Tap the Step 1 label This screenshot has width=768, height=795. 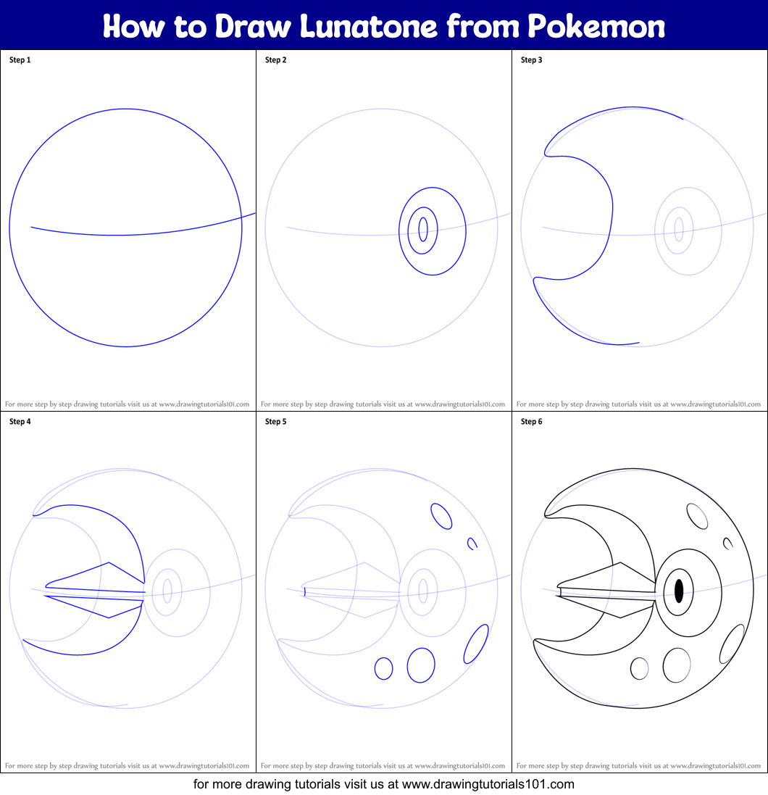point(20,60)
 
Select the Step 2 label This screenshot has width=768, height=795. point(275,60)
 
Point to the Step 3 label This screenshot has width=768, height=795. point(531,60)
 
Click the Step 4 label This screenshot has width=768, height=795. point(20,421)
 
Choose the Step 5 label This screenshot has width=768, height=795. point(275,421)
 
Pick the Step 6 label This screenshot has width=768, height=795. point(531,421)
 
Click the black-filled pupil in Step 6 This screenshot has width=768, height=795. point(679,591)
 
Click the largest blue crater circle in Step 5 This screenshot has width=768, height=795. point(421,665)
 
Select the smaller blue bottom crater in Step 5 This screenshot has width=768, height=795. point(383,668)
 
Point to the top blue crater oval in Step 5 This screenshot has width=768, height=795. point(441,516)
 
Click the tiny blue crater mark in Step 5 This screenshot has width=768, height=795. point(472,543)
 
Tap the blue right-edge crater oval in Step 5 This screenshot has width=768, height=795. point(475,644)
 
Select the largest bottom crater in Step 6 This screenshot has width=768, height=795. point(677,665)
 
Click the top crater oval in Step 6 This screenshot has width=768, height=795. point(697,516)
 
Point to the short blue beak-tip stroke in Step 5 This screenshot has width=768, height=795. point(304,592)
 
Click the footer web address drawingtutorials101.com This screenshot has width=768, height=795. point(488,783)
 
